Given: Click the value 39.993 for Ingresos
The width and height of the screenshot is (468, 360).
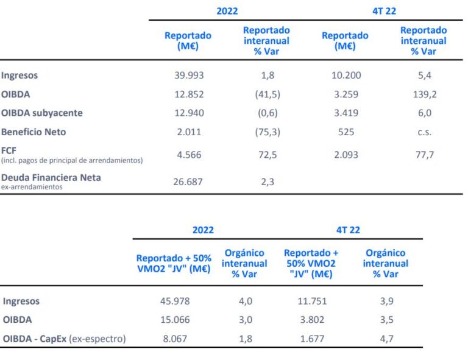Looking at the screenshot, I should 189,76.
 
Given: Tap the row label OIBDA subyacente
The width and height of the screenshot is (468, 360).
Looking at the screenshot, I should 42,113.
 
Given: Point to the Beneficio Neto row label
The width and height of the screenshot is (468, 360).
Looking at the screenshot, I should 34,132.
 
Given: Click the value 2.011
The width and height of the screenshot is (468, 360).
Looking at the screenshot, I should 189,132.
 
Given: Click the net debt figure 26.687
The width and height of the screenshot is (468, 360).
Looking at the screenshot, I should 189,182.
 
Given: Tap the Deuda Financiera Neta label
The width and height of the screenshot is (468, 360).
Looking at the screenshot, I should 51,177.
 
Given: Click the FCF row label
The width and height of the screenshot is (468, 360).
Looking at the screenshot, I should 9,150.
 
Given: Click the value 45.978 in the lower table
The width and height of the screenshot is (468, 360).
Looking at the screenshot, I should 174,301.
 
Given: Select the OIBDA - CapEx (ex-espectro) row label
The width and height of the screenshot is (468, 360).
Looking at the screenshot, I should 64,339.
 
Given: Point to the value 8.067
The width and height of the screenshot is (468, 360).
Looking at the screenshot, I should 174,339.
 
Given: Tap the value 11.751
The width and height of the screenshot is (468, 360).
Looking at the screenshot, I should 311,301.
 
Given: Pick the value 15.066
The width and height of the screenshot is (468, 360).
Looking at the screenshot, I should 174,320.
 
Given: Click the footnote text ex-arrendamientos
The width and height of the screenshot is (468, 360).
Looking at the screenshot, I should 31,187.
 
